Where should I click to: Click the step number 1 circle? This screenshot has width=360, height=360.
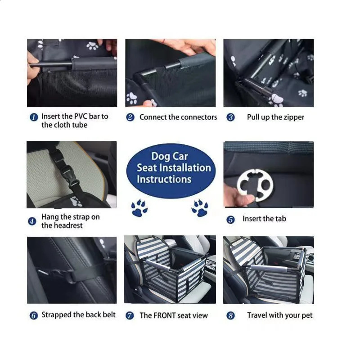click(x=33, y=117)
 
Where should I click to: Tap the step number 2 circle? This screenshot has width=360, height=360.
click(x=130, y=117)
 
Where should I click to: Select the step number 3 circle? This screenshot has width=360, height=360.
click(x=230, y=117)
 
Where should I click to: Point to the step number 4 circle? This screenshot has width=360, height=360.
click(x=32, y=221)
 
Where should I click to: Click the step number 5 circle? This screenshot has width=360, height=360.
click(x=230, y=220)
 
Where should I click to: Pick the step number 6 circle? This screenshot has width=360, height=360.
click(x=33, y=315)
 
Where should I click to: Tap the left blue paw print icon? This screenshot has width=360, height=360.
click(x=139, y=208)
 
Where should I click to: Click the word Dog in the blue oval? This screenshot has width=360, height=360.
click(x=161, y=157)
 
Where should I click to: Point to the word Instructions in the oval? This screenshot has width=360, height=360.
click(x=164, y=179)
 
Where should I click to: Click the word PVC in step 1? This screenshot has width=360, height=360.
click(x=79, y=117)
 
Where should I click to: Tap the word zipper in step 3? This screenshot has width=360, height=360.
click(x=294, y=117)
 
